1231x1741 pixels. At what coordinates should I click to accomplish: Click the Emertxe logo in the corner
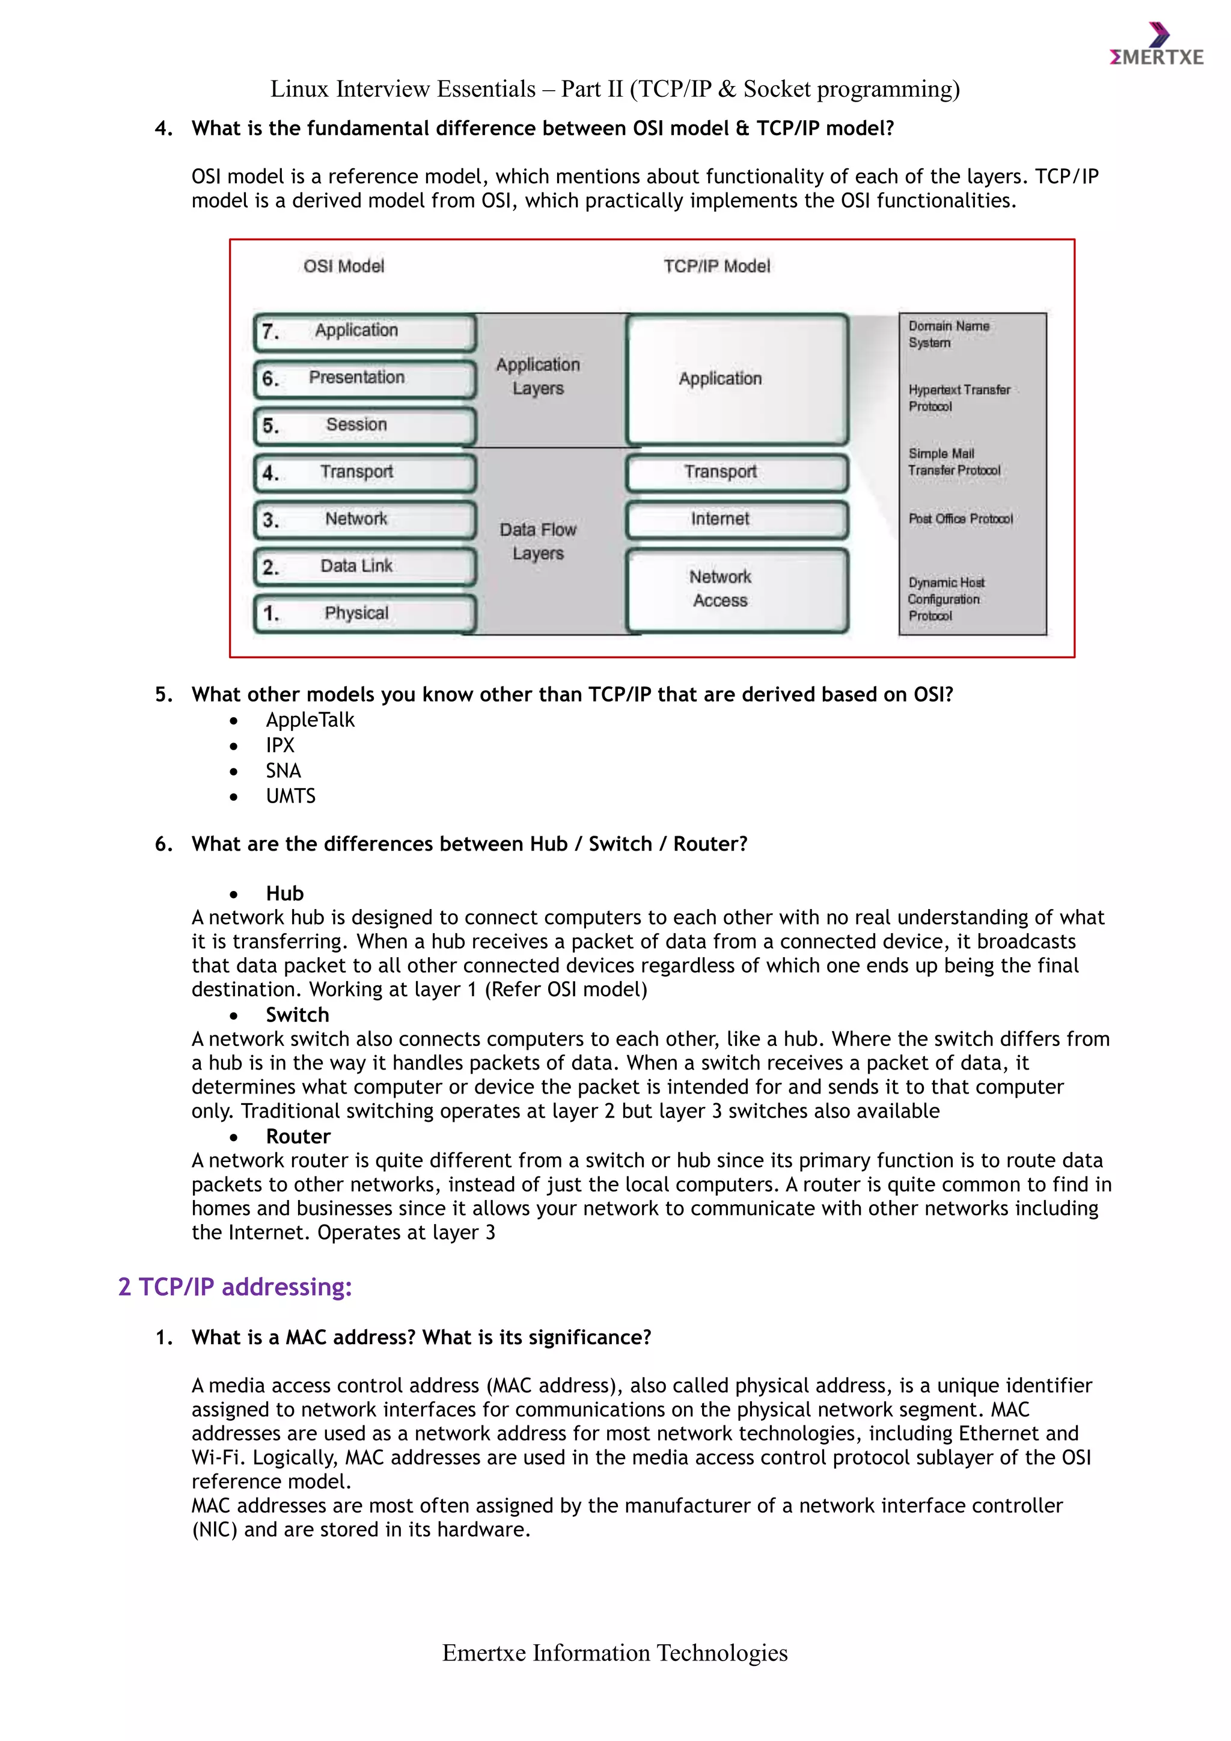(x=1156, y=46)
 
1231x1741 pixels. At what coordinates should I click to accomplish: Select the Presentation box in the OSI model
(x=365, y=378)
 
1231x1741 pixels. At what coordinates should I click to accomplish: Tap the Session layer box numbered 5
(x=365, y=426)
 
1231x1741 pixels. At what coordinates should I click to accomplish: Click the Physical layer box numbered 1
(x=365, y=613)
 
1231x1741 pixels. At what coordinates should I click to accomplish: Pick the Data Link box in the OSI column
(x=365, y=566)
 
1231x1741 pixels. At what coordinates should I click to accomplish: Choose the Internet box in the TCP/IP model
(x=736, y=519)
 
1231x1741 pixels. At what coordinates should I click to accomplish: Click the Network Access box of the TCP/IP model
(x=736, y=589)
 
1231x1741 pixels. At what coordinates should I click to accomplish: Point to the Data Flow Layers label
(x=537, y=542)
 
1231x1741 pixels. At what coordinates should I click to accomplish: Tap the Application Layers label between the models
(x=537, y=376)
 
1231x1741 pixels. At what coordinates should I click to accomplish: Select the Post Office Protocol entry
(x=960, y=519)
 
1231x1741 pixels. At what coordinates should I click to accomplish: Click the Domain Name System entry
(x=948, y=334)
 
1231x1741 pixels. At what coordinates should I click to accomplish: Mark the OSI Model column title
(x=343, y=266)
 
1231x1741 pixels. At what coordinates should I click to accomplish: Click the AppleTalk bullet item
(x=310, y=720)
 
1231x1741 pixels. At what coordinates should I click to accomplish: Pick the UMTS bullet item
(x=290, y=796)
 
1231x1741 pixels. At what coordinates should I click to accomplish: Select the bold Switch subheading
(x=297, y=1015)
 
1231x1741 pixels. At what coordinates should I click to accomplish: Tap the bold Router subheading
(x=298, y=1136)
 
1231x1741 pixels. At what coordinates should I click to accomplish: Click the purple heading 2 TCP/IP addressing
(x=235, y=1287)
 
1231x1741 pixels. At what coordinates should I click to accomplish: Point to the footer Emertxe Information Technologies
(x=615, y=1653)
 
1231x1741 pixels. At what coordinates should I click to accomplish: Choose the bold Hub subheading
(x=284, y=893)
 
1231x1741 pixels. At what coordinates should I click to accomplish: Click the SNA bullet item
(x=283, y=771)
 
